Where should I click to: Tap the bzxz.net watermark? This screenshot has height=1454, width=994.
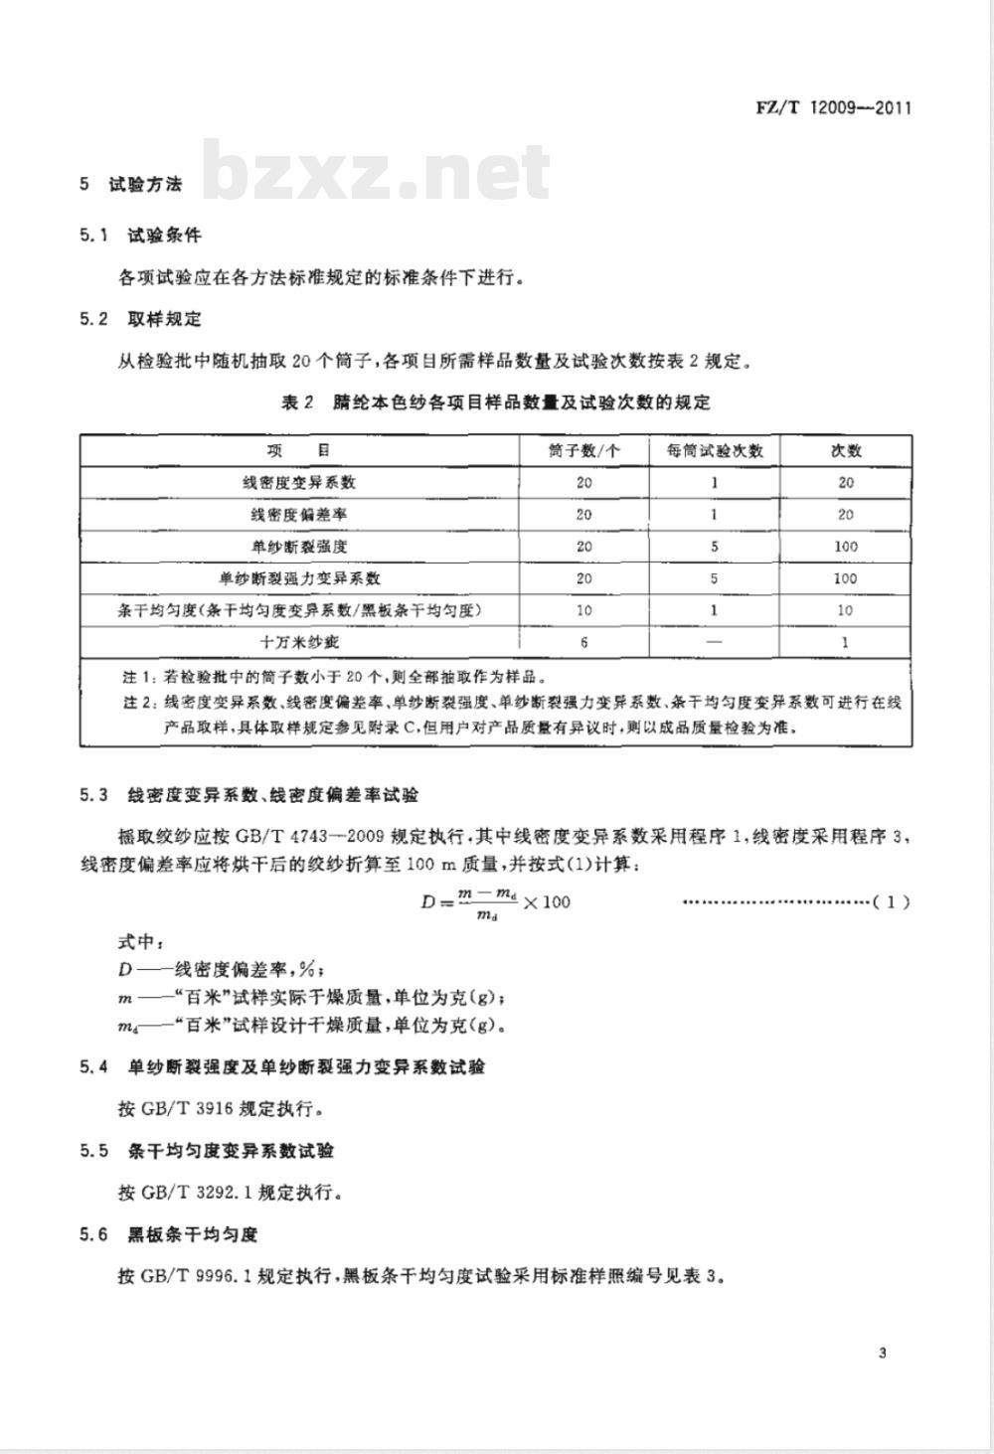click(x=378, y=171)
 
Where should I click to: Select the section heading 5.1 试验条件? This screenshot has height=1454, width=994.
click(x=141, y=236)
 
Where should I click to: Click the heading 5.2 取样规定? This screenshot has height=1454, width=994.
click(x=141, y=319)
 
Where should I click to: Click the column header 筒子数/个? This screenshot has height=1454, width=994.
click(x=584, y=450)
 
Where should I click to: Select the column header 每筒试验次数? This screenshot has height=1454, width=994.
click(x=714, y=450)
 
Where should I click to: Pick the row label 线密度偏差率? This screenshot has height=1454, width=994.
click(x=299, y=515)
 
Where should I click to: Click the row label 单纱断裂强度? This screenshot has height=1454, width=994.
click(x=299, y=547)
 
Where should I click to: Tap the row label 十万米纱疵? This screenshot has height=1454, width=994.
click(x=299, y=642)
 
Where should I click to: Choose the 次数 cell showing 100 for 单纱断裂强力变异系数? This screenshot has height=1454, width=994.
click(x=845, y=578)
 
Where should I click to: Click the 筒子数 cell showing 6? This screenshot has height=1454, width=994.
click(x=584, y=642)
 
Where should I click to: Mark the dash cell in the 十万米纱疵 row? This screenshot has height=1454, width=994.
click(x=714, y=642)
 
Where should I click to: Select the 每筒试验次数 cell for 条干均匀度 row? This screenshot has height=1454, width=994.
click(x=714, y=610)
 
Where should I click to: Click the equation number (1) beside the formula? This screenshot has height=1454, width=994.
click(x=892, y=902)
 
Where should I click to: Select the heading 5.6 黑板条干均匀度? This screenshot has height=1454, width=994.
click(x=169, y=1234)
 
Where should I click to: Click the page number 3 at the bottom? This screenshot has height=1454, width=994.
click(x=883, y=1353)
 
